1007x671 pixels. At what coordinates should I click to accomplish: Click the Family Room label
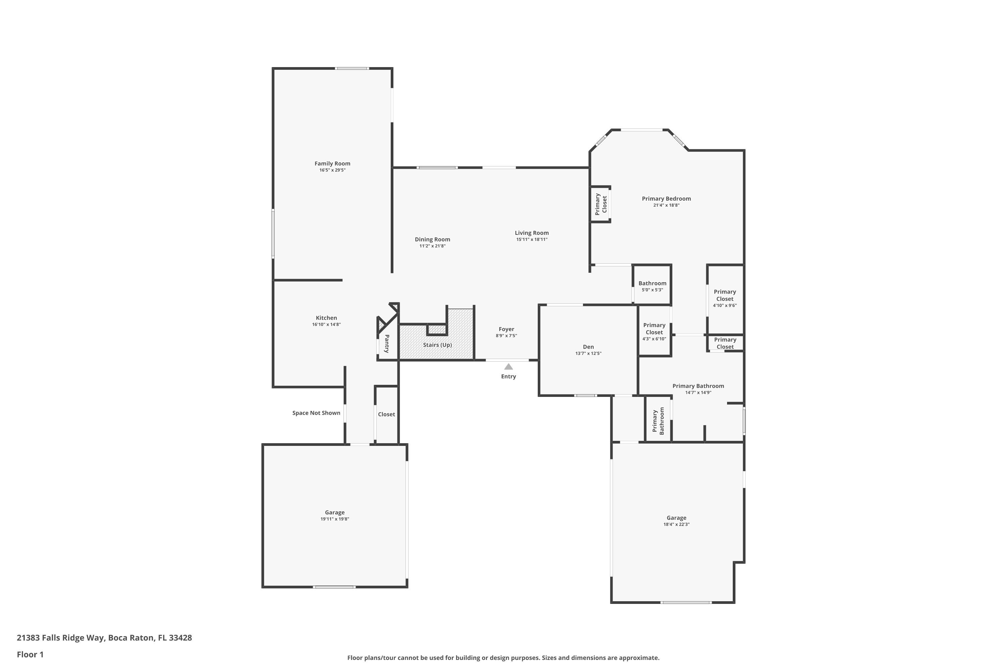[332, 163]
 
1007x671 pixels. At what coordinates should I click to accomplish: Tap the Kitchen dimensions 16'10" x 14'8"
[326, 325]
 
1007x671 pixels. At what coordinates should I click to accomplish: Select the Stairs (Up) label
[437, 345]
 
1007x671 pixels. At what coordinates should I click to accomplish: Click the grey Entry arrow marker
[508, 367]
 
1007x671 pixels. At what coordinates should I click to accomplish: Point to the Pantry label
[387, 344]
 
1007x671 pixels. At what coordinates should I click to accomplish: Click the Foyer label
[506, 329]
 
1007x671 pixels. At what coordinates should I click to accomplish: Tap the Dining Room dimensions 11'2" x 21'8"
[432, 246]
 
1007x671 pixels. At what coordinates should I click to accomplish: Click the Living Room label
[531, 233]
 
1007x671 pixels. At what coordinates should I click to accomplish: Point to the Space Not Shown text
[316, 413]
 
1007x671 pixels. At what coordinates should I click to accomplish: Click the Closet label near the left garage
[386, 414]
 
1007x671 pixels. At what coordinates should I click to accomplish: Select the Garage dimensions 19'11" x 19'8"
[334, 519]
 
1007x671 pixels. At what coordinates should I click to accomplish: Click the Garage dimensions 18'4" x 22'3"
[676, 524]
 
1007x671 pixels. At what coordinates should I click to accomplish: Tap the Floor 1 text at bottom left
[30, 654]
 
